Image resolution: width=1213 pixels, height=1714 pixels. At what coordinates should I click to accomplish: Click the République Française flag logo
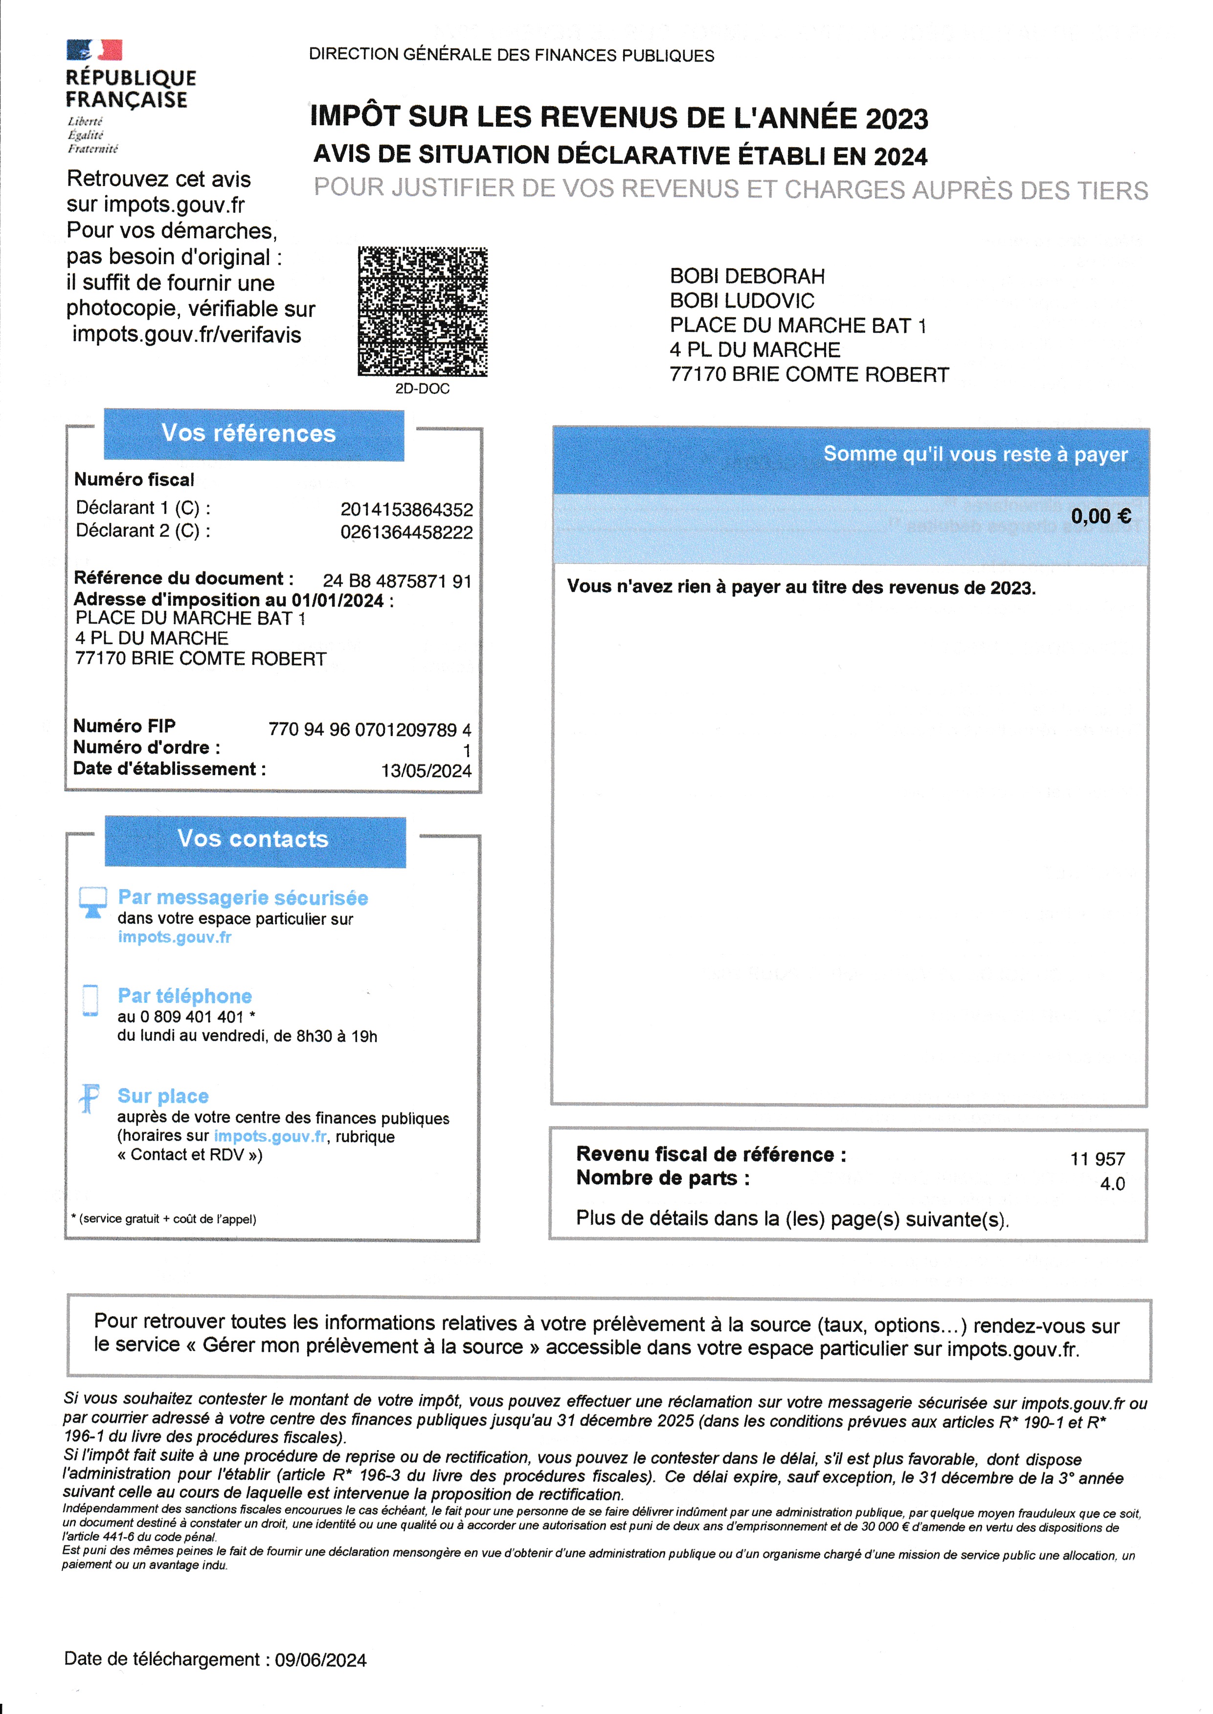click(x=94, y=50)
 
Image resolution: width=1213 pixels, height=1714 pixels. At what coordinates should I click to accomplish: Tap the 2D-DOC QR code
click(x=422, y=311)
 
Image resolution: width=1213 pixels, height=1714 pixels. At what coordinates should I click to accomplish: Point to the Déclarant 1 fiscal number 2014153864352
click(x=406, y=510)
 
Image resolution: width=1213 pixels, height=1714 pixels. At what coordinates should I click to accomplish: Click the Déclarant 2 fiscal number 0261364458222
click(x=406, y=532)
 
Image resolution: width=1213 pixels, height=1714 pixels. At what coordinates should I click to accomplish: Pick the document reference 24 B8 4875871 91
click(x=397, y=581)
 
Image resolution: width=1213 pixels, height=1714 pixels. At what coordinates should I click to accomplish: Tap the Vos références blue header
click(x=253, y=434)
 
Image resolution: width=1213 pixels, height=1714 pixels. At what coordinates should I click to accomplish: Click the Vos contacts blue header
click(x=255, y=840)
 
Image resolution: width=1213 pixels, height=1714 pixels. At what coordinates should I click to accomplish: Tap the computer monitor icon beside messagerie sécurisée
click(x=92, y=901)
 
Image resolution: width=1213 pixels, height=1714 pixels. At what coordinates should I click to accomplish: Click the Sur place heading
click(x=163, y=1096)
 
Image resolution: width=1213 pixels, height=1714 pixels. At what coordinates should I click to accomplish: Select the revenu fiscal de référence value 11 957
click(x=1097, y=1159)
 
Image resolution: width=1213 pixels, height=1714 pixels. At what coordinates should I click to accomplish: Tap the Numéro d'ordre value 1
click(x=466, y=750)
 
